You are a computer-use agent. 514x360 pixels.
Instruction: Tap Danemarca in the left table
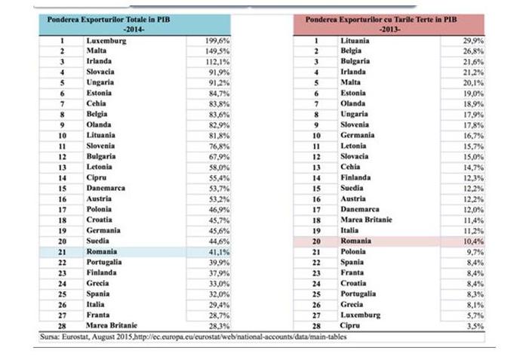[106, 188]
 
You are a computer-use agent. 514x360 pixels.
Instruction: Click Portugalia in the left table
[105, 262]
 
